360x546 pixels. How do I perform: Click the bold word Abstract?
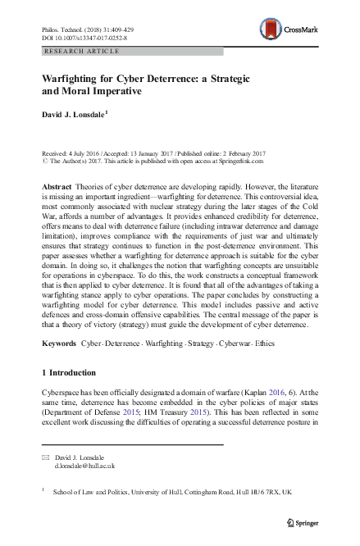coord(57,188)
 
